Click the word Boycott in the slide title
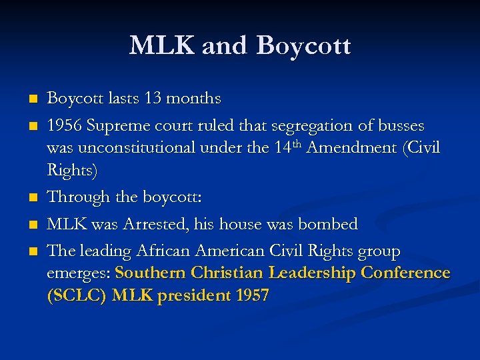[303, 47]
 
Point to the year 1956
[65, 126]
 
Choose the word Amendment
[352, 147]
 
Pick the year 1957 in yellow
[253, 295]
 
